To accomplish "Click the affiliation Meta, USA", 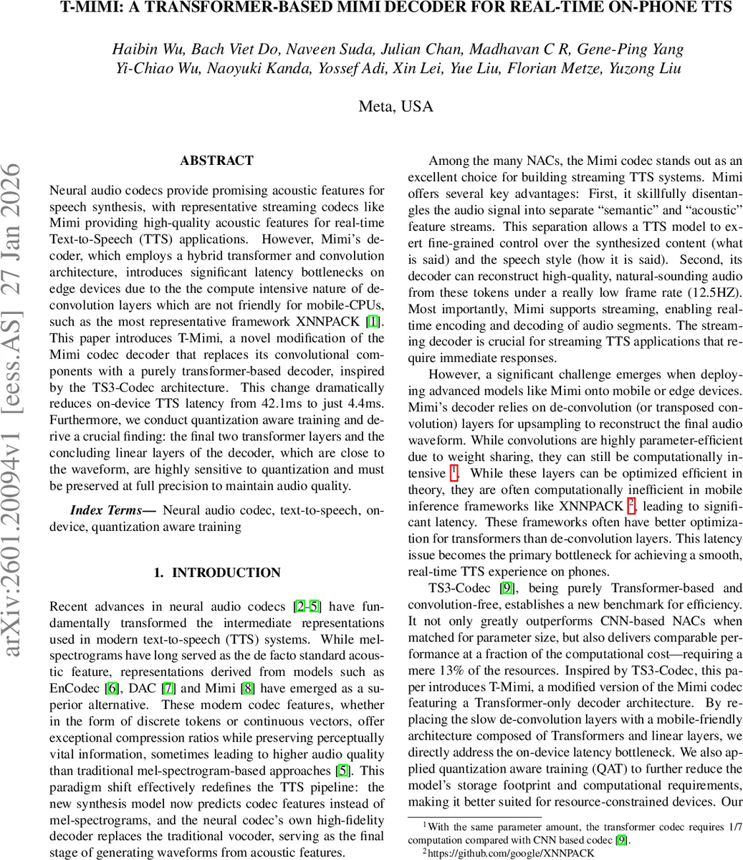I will (396, 107).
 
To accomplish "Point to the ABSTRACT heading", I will (216, 161).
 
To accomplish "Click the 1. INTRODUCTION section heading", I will (217, 573).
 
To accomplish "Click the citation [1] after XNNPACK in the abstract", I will (373, 322).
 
